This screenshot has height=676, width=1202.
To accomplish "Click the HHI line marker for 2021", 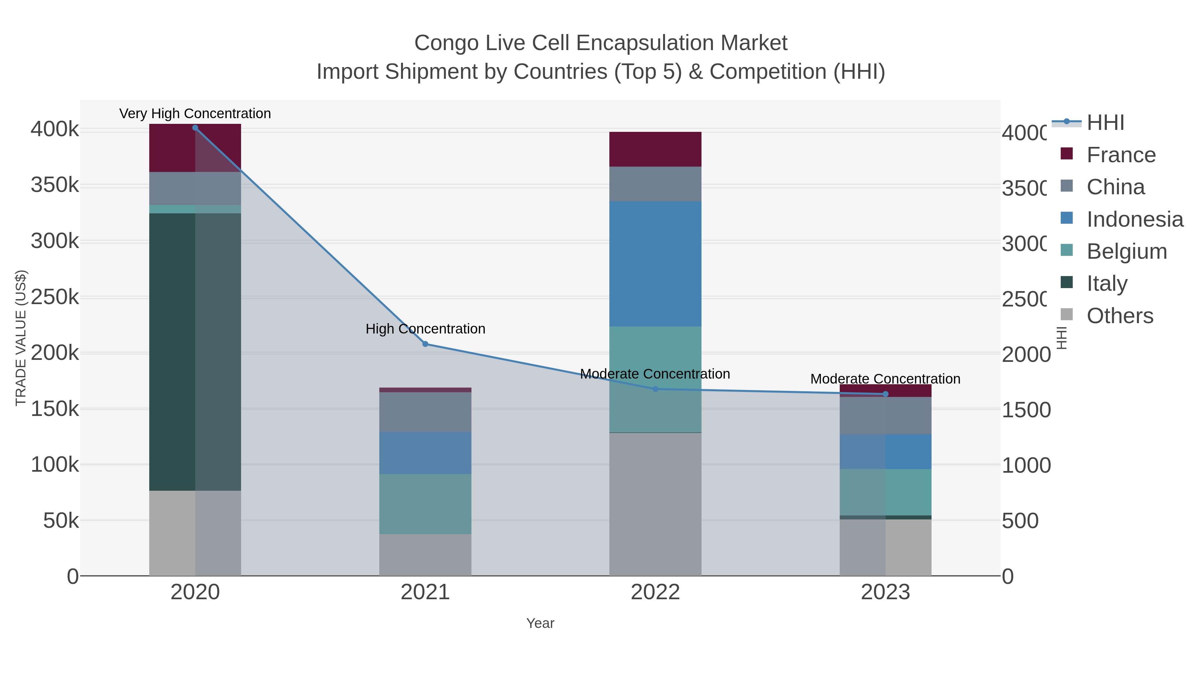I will (425, 344).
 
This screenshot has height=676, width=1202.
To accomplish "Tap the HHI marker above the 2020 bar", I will (195, 128).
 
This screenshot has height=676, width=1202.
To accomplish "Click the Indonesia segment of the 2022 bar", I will (655, 264).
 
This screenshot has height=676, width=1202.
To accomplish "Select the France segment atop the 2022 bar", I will (655, 149).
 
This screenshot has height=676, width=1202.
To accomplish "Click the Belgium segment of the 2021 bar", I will (425, 504).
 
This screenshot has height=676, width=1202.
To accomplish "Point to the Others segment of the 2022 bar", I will (655, 504).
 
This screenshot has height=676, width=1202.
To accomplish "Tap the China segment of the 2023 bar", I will (885, 416).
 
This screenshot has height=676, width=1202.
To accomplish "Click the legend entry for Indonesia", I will (1134, 219).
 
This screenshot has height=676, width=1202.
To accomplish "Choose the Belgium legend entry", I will (1127, 251).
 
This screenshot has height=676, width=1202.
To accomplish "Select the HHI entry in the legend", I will (1105, 123).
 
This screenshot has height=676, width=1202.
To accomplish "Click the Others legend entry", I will (1120, 316).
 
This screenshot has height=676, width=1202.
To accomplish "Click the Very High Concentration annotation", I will (195, 114).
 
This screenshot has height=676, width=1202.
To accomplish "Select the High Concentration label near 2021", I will (425, 329).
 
